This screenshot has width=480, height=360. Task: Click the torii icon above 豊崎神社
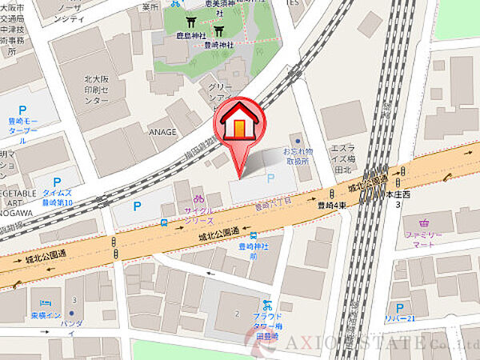[x=219, y=30]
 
